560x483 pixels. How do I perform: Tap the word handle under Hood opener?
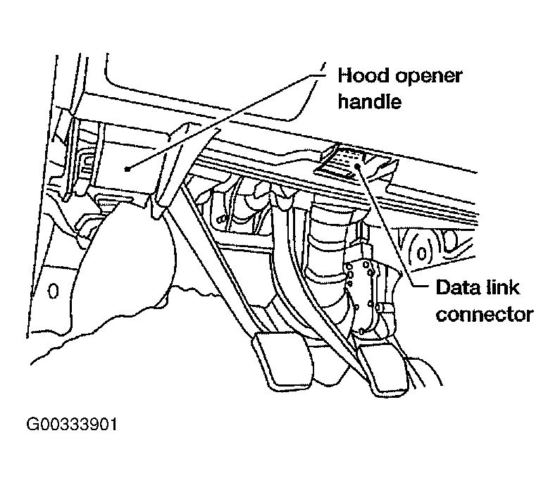click(x=369, y=101)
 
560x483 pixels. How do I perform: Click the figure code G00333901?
click(x=72, y=425)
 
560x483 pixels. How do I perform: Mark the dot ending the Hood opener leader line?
click(x=126, y=168)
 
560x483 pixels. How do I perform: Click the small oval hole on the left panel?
click(x=53, y=289)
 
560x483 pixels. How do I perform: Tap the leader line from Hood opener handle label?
click(x=225, y=117)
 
